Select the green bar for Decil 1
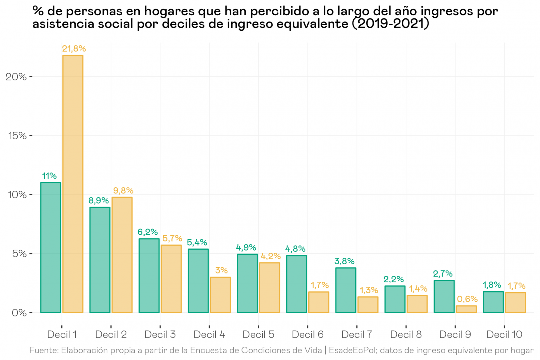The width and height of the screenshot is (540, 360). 51,248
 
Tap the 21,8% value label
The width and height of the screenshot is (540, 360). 74,49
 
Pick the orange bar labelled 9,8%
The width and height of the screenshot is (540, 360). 122,255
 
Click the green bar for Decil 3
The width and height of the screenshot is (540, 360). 149,276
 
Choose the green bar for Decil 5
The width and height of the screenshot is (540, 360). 247,283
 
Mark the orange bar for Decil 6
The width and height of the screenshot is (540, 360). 318,302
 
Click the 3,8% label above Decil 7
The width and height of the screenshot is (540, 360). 345,261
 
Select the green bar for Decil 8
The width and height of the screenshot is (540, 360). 395,299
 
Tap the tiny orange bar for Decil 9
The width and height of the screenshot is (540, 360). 466,309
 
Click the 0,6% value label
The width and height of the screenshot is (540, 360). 468,299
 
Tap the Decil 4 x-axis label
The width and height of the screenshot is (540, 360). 209,334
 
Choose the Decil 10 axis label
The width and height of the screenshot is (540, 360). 504,334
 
